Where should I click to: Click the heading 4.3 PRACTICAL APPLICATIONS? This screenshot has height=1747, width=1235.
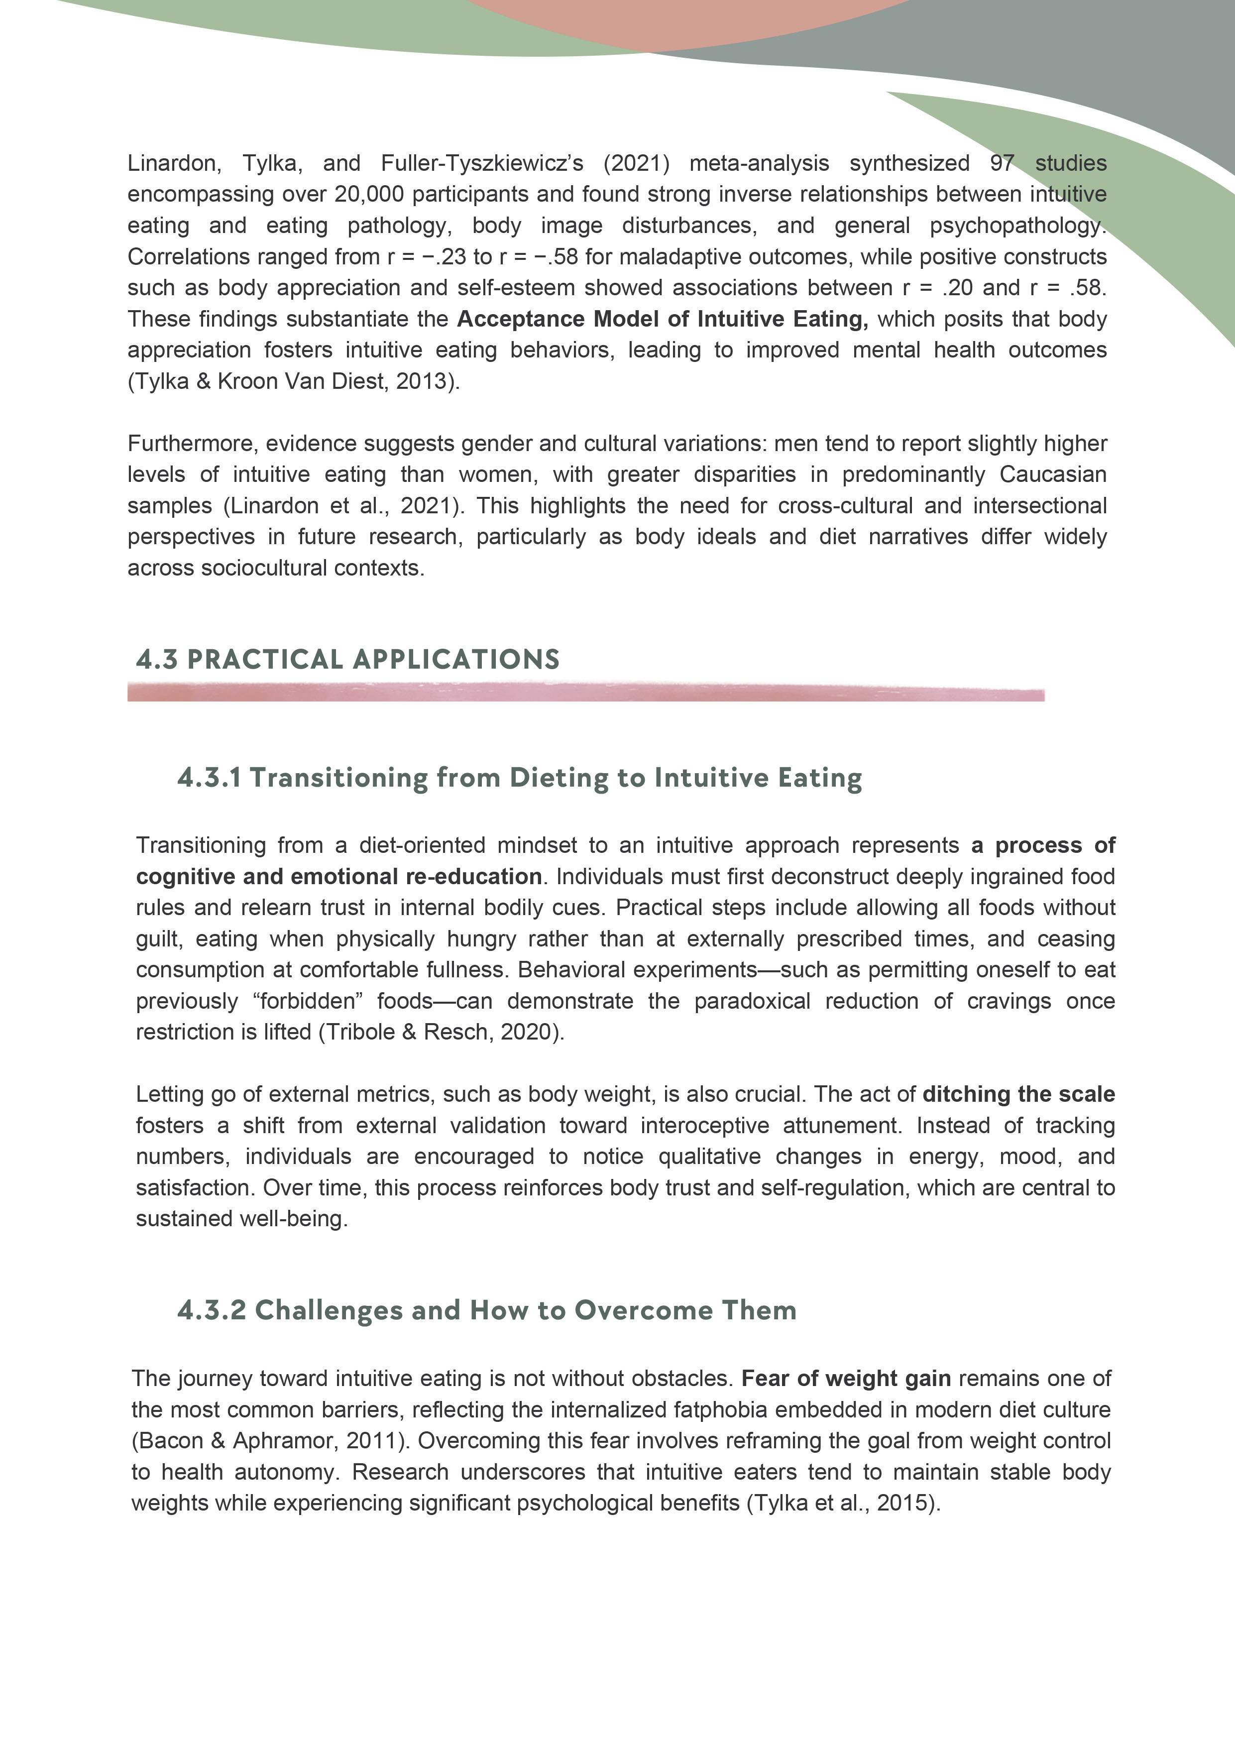tap(348, 659)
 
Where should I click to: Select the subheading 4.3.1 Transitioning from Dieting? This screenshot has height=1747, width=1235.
tap(519, 778)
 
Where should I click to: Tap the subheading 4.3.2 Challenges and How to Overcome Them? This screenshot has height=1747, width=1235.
tap(486, 1310)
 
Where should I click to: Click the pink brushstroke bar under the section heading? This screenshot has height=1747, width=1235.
tap(585, 693)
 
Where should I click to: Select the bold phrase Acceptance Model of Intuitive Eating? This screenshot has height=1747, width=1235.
tap(662, 319)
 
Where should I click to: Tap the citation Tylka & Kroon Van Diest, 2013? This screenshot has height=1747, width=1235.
tap(293, 381)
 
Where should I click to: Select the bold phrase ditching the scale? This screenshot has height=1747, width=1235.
tap(1018, 1095)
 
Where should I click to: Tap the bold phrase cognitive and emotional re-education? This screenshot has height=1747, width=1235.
tap(338, 877)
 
